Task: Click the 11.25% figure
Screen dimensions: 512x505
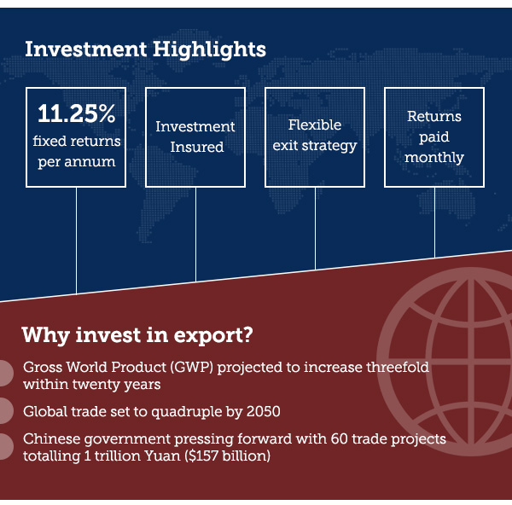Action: tap(77, 113)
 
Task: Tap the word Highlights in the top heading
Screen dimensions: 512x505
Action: tap(209, 50)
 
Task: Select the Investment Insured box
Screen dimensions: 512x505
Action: tap(195, 137)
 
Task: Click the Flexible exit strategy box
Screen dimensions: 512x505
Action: tap(315, 137)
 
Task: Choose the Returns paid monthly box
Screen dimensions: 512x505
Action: tap(434, 137)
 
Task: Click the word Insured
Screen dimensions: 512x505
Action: tap(197, 147)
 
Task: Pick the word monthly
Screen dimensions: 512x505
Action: tap(434, 158)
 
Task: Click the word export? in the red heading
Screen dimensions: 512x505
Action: tap(213, 335)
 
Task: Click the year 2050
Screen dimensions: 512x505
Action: tap(264, 411)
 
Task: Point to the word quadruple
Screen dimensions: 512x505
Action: tap(186, 412)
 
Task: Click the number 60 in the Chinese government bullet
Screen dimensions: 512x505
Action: tap(339, 438)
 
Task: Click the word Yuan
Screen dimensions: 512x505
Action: tap(162, 456)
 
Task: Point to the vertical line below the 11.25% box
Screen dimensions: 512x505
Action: tap(77, 241)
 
